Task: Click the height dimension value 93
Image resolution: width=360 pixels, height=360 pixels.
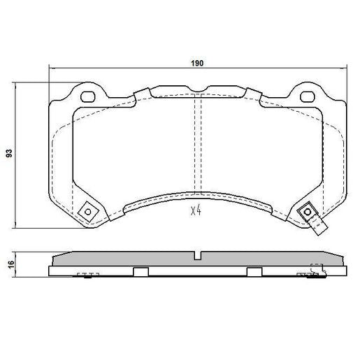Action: pos(9,153)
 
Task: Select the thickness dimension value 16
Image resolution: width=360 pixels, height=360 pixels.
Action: pos(9,264)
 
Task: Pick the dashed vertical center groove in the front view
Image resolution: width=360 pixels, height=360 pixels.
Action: pos(197,147)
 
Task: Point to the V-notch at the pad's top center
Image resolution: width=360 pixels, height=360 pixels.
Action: pos(199,88)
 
